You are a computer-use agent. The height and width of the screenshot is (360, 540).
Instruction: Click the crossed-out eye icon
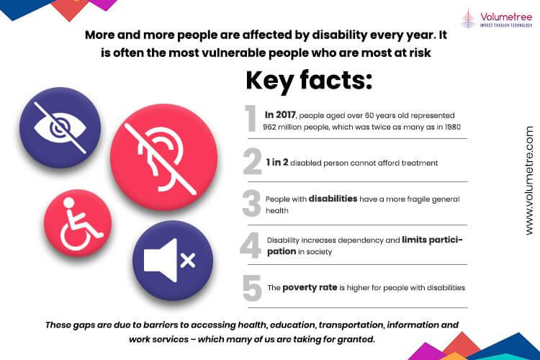click(60, 127)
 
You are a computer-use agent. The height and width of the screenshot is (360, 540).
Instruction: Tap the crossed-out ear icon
click(164, 158)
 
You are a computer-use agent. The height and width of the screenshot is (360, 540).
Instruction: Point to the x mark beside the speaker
click(188, 261)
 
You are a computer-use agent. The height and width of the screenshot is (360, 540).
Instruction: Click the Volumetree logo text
click(506, 17)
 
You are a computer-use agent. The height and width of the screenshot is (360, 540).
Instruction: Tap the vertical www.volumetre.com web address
click(529, 181)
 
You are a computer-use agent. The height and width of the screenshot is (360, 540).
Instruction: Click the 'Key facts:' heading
click(309, 80)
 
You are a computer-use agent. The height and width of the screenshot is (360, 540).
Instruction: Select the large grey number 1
click(251, 118)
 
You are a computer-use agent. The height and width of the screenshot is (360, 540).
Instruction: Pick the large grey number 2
click(253, 161)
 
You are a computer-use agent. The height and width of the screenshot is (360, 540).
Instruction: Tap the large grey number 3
click(251, 203)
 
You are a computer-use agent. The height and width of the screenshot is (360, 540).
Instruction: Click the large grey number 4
click(251, 246)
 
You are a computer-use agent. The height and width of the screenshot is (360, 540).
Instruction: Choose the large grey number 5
click(252, 288)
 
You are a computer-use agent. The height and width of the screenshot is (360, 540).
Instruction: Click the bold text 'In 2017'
click(280, 114)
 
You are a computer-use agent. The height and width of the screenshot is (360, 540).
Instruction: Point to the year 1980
click(452, 127)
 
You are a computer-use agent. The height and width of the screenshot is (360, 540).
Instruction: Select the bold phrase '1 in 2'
click(277, 162)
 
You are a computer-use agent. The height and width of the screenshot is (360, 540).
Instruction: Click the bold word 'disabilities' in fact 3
click(333, 199)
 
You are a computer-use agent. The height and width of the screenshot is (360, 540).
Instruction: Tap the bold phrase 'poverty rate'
click(310, 288)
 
